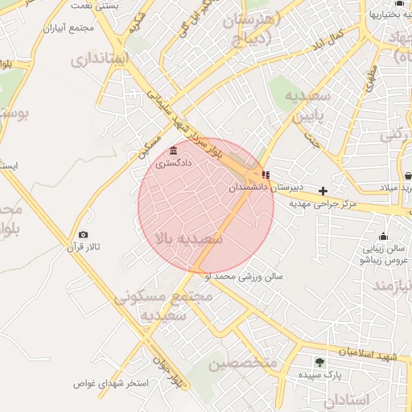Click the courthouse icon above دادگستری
[x=174, y=150]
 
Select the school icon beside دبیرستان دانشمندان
[x=266, y=175]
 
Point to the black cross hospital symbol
[x=323, y=191]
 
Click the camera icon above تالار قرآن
[x=83, y=234]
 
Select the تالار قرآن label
[x=83, y=247]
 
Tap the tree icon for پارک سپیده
[x=320, y=362]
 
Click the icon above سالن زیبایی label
[x=382, y=237]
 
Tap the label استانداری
[x=99, y=58]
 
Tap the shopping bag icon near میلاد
[x=408, y=175]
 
